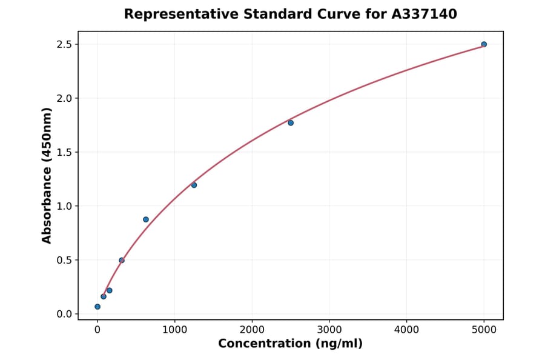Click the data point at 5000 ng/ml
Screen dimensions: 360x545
click(x=484, y=44)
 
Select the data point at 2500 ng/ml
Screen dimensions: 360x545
click(x=291, y=123)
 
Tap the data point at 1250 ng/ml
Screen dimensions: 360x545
click(x=194, y=185)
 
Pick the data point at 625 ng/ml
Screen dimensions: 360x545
click(x=146, y=219)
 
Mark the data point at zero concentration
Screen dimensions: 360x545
click(x=97, y=307)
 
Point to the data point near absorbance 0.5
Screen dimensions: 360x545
click(x=122, y=260)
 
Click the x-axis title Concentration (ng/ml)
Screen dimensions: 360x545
click(x=290, y=344)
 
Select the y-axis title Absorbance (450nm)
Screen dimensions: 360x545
click(x=47, y=175)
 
